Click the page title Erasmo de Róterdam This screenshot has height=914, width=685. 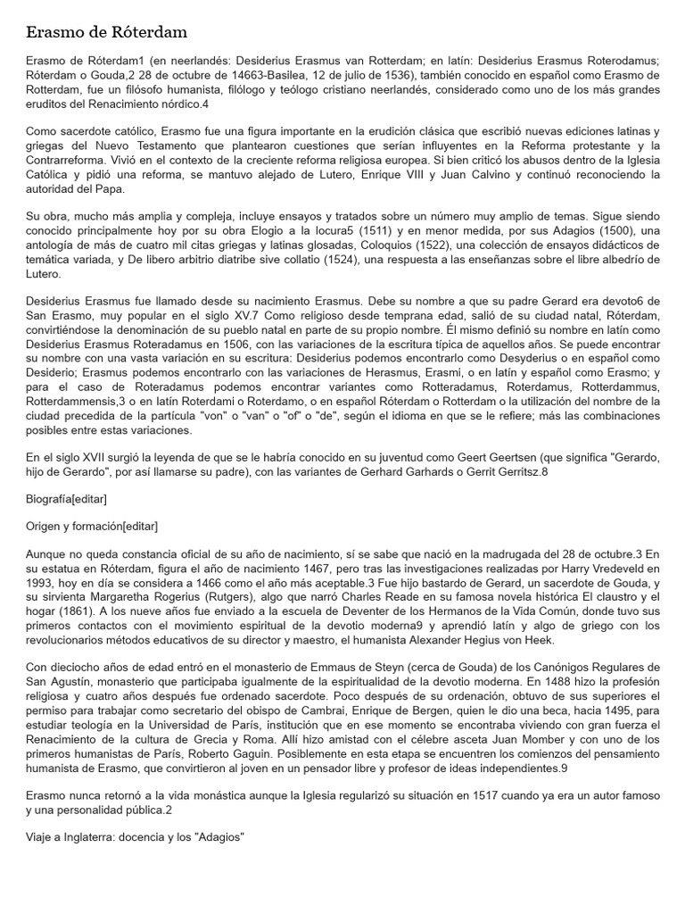pyautogui.click(x=106, y=33)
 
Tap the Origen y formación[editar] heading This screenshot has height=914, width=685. pyautogui.click(x=92, y=527)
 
